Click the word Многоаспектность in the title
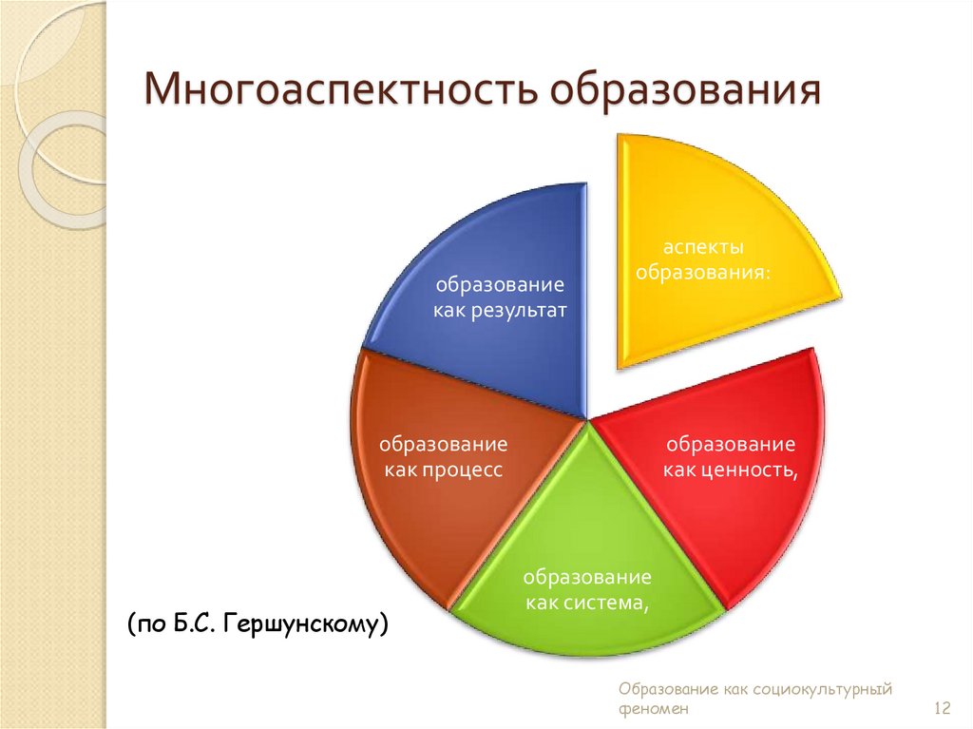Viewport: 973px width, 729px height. [x=343, y=92]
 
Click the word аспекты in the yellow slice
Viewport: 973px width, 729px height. [x=703, y=247]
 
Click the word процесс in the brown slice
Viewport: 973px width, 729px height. [x=463, y=470]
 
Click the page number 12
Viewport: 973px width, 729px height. [x=942, y=708]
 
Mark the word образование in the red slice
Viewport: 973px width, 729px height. [x=730, y=445]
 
